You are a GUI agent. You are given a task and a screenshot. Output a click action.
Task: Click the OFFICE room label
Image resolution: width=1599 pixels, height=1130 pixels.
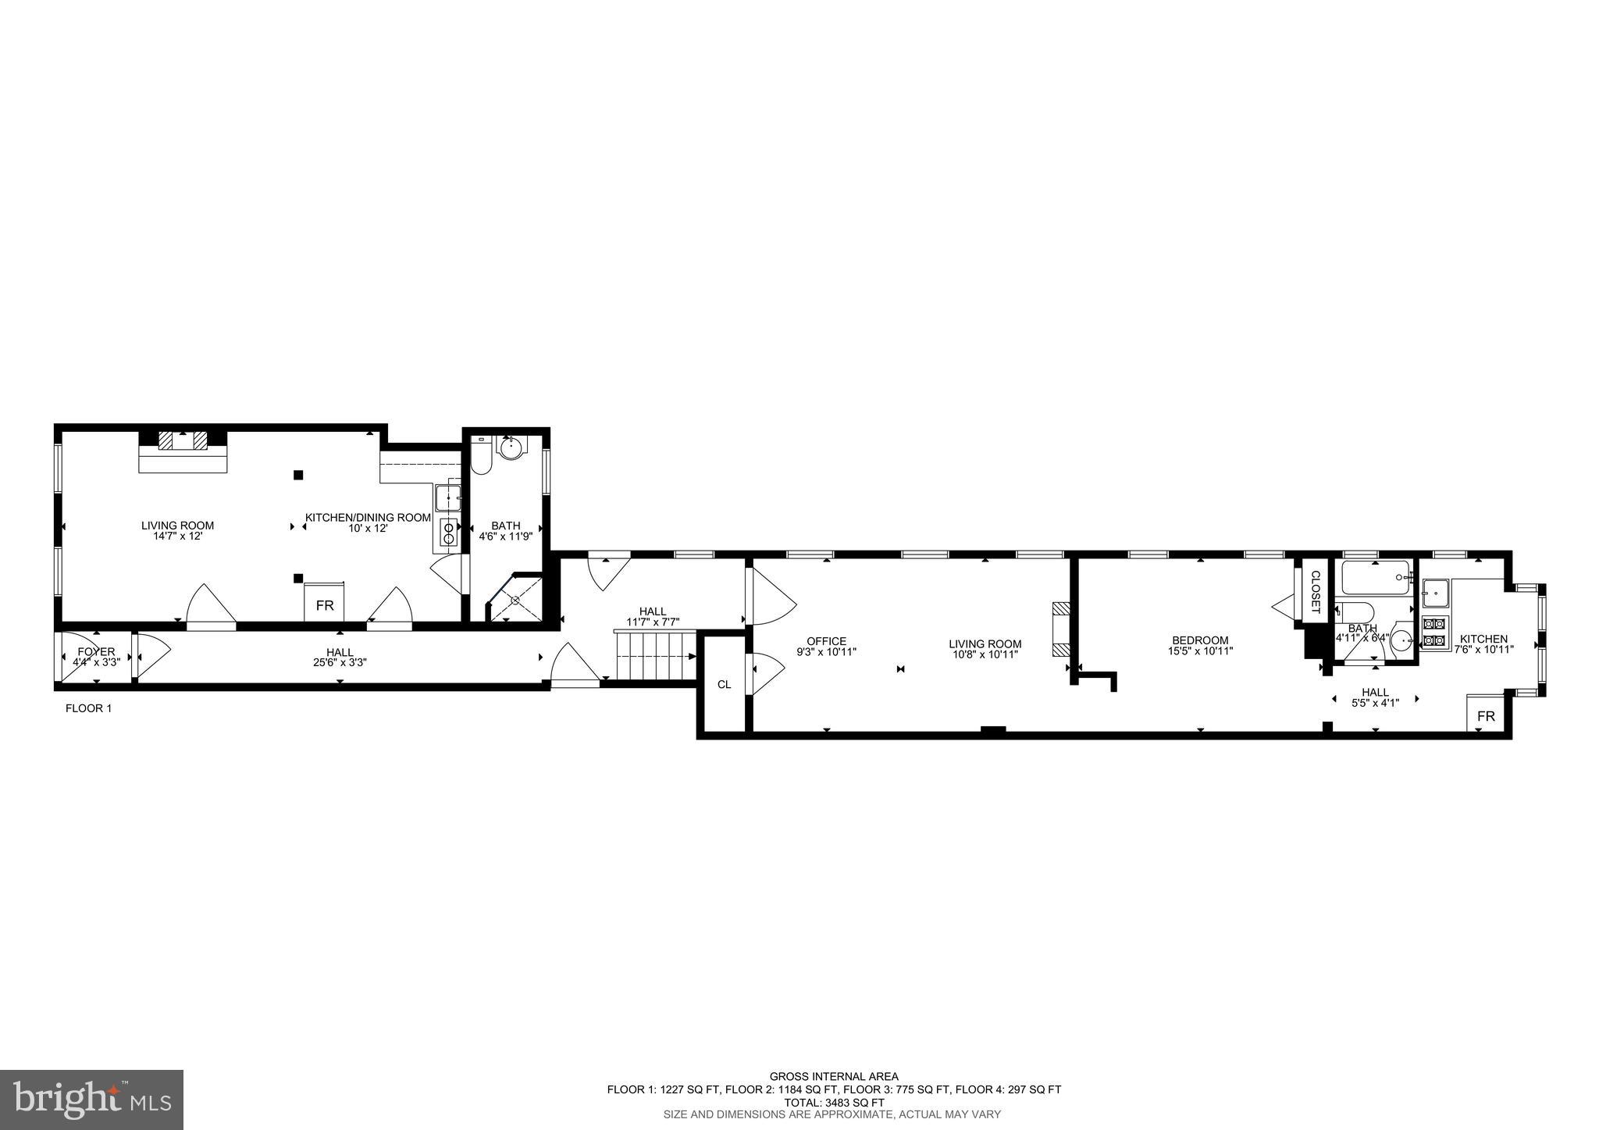826,641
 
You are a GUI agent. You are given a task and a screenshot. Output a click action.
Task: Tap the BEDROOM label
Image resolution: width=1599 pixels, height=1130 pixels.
1200,640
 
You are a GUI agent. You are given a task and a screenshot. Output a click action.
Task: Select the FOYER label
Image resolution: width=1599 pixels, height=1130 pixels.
96,651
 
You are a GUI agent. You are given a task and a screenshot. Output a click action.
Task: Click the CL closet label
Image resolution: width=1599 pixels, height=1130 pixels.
724,685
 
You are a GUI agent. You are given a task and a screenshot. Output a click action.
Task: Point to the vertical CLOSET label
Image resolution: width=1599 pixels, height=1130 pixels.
1315,592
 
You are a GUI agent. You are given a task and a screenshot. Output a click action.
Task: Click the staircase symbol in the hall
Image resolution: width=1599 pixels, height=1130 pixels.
655,657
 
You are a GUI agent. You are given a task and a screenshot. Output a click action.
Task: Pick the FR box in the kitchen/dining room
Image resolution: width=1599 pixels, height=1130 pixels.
324,605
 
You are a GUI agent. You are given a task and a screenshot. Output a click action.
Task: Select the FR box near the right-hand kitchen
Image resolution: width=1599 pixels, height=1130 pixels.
1486,716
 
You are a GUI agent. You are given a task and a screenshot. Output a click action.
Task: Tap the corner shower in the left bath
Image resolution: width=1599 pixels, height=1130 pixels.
516,599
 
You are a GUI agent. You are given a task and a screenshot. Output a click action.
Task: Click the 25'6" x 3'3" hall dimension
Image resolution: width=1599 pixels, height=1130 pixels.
340,662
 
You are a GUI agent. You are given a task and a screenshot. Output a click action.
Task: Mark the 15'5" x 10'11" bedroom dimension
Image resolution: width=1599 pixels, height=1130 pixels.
1200,651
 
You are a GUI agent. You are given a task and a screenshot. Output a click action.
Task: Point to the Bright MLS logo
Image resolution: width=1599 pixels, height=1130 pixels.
92,1100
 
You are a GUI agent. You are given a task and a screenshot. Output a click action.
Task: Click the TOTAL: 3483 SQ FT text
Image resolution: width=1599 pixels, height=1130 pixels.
834,1103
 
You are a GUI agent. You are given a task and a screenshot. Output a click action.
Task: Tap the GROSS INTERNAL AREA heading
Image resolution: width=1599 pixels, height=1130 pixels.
834,1076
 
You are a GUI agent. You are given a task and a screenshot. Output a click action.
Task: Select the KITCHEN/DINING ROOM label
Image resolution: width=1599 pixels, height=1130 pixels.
368,517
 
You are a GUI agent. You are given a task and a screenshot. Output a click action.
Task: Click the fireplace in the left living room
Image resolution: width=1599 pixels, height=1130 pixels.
183,441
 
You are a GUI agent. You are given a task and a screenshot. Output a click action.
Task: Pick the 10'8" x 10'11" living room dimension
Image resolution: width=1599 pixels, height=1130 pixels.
985,654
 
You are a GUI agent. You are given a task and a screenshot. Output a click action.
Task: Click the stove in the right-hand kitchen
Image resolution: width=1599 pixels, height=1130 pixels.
1434,633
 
